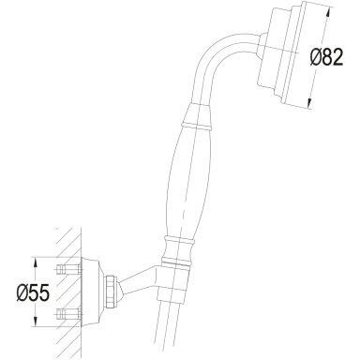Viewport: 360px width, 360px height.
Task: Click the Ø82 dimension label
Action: (326, 58)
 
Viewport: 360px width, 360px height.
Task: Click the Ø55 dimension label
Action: (33, 293)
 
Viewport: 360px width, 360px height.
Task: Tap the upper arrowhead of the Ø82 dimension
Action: (326, 12)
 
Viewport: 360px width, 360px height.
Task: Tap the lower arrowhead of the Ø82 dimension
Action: (309, 103)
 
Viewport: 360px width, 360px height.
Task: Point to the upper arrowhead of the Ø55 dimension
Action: (36, 263)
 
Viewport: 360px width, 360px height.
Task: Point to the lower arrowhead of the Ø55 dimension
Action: (36, 322)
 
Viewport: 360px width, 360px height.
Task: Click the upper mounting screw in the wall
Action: (68, 268)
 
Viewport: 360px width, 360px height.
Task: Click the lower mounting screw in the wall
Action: (68, 312)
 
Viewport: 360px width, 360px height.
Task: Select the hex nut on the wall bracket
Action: (112, 291)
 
